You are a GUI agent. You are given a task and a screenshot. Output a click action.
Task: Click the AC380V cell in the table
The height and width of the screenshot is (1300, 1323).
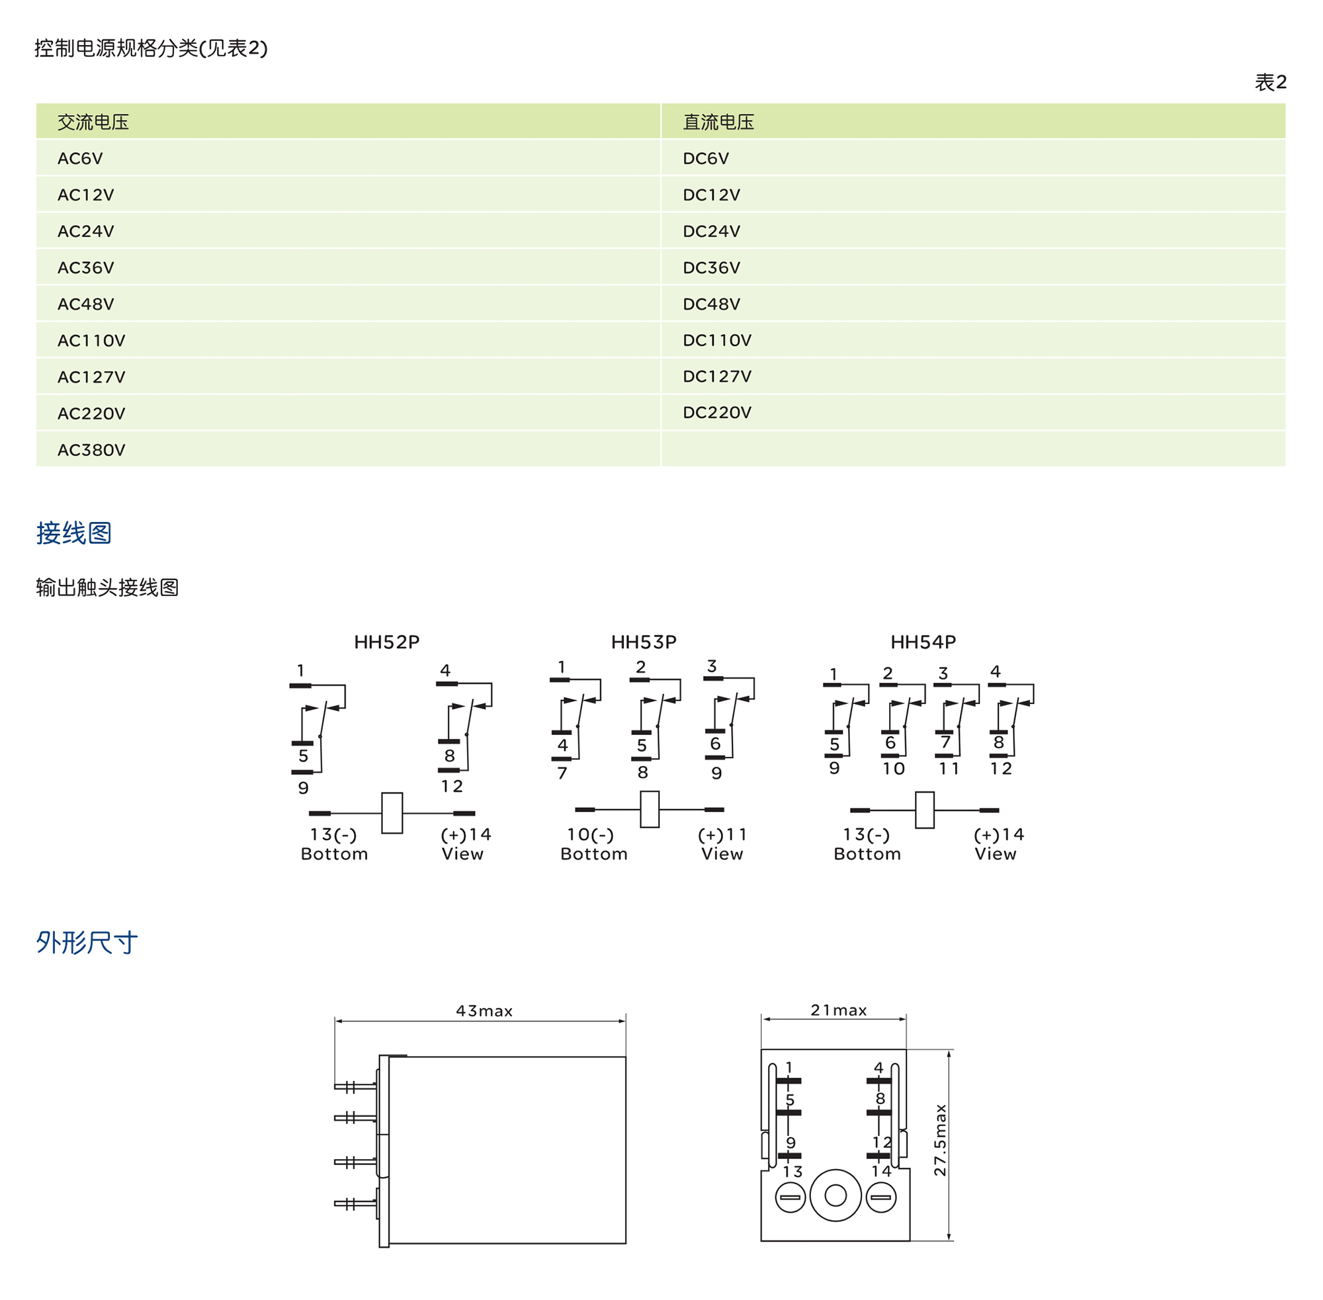click(91, 450)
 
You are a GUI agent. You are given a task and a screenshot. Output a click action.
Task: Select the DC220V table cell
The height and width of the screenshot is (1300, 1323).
click(717, 412)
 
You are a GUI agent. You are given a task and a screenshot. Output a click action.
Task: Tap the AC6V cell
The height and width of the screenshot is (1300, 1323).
click(80, 158)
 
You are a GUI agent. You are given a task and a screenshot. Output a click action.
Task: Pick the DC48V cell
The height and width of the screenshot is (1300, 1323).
click(711, 304)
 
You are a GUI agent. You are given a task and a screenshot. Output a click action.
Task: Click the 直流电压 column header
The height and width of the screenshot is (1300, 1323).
click(718, 122)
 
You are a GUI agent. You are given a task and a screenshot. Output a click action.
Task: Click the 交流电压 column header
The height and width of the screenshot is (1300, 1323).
click(93, 122)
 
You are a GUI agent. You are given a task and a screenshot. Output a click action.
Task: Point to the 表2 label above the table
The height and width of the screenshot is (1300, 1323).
click(1270, 83)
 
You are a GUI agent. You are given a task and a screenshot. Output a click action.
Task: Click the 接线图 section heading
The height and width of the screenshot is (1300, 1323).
click(73, 533)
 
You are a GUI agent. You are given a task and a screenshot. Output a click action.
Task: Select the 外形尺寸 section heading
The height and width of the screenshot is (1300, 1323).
click(87, 943)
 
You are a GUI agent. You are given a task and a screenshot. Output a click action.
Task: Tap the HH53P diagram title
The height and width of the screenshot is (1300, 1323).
click(643, 642)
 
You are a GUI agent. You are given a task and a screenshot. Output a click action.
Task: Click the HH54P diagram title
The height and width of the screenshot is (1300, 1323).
click(923, 642)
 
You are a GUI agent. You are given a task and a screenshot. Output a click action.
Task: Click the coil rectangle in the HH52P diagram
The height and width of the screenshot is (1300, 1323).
click(392, 812)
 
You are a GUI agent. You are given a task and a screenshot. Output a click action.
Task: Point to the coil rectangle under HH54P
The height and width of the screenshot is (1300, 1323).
click(924, 810)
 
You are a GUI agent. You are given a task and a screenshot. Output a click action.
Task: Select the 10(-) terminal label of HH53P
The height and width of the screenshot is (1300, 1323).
click(590, 834)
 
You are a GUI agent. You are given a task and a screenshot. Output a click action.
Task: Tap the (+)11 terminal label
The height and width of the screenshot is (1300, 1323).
click(722, 834)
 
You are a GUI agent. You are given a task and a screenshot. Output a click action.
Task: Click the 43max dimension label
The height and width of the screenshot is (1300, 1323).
click(484, 1010)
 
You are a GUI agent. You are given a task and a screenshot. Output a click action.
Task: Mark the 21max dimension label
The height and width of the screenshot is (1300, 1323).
click(838, 1010)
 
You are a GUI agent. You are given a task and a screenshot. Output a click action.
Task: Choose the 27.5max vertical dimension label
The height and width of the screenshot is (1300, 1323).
click(940, 1141)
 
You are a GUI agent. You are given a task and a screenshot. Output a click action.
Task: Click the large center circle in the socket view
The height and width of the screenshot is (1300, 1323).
click(835, 1195)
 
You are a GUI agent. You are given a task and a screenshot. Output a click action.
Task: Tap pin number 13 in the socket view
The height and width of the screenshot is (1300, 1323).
click(792, 1172)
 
